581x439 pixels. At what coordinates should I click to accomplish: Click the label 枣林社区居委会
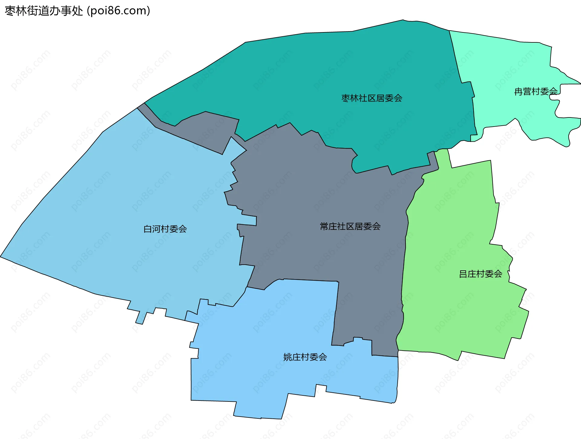click(372, 98)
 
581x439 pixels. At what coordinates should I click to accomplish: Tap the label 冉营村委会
click(536, 91)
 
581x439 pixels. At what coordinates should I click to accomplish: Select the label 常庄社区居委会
click(350, 226)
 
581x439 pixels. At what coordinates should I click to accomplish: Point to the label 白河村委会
click(165, 229)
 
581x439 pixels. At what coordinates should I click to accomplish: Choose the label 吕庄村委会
click(481, 274)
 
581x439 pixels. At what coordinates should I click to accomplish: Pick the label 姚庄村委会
click(305, 357)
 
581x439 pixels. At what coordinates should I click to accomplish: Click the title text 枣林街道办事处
click(44, 11)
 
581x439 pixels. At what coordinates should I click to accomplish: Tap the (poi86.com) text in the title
click(119, 11)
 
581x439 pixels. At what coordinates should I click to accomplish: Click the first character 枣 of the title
click(10, 11)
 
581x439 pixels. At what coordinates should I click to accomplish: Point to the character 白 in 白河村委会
click(148, 229)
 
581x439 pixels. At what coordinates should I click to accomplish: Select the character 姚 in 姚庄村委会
click(288, 357)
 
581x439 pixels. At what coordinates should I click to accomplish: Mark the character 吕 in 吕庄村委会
click(463, 274)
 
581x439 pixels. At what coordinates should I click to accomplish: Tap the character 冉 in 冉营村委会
click(518, 91)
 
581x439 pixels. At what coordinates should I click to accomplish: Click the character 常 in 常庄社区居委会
click(324, 226)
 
